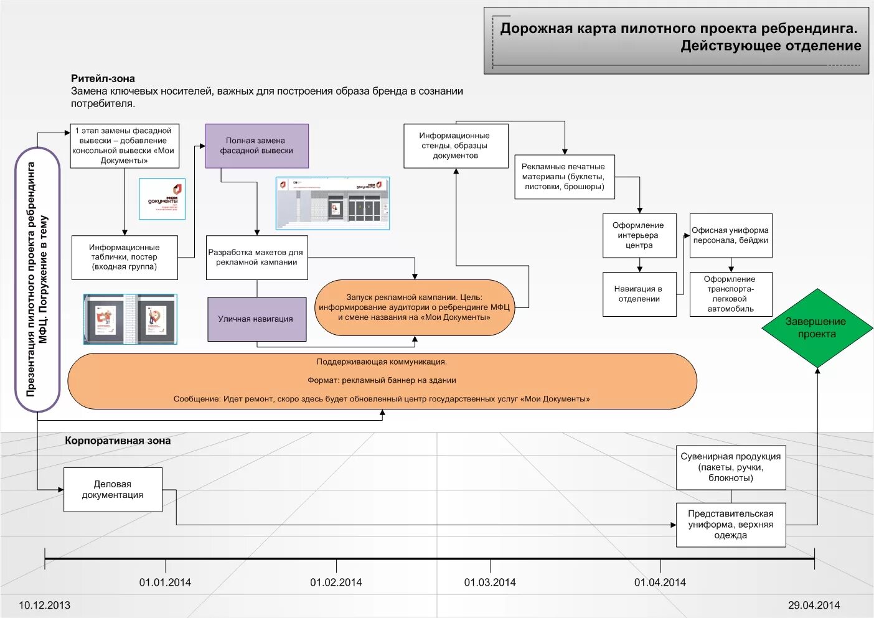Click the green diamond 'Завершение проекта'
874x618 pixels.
817,328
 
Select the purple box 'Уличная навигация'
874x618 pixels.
256,319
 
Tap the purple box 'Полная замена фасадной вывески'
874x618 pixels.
256,146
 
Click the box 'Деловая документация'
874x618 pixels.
113,489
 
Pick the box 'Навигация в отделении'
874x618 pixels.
639,294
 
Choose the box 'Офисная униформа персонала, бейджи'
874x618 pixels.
731,235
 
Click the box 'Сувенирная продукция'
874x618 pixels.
731,467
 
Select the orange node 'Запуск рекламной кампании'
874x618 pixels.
414,307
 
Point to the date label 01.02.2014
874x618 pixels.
336,583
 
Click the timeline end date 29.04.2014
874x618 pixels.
814,605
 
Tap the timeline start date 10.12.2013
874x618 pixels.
44,605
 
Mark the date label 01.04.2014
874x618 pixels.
660,583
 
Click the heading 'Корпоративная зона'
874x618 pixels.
118,441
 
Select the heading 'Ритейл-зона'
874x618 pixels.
103,78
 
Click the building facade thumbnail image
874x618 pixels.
332,203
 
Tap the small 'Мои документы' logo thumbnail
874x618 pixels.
162,199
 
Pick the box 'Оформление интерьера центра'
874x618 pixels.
639,235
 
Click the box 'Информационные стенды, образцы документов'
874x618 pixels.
456,146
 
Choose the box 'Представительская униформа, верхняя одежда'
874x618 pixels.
731,525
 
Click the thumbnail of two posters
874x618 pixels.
130,319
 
